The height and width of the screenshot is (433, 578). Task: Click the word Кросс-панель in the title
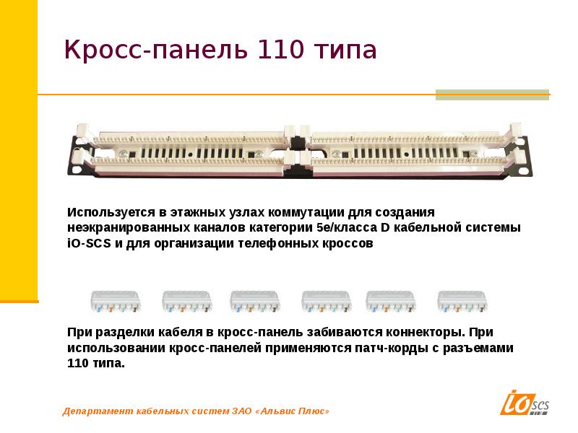pos(153,51)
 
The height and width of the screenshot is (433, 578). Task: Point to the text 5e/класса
pos(342,228)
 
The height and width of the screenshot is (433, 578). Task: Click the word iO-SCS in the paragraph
pos(87,244)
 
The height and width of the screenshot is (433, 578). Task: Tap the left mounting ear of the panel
pos(77,148)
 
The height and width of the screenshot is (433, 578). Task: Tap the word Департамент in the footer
pos(95,411)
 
